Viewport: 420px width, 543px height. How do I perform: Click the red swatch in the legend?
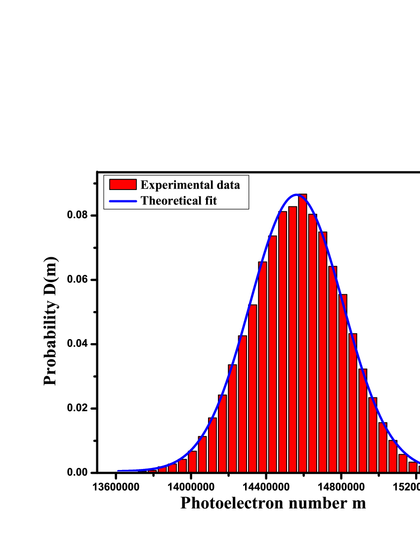tap(123, 185)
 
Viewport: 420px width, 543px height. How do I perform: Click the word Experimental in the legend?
tap(172, 185)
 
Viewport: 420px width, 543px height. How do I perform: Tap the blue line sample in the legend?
tap(123, 201)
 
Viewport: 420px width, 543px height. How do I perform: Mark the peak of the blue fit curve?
tap(296, 194)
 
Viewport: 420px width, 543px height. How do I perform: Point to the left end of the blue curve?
tap(119, 470)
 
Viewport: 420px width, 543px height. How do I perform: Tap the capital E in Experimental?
tap(144, 185)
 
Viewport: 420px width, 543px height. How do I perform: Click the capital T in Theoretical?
tap(144, 201)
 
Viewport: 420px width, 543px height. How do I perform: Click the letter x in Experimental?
tap(150, 186)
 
